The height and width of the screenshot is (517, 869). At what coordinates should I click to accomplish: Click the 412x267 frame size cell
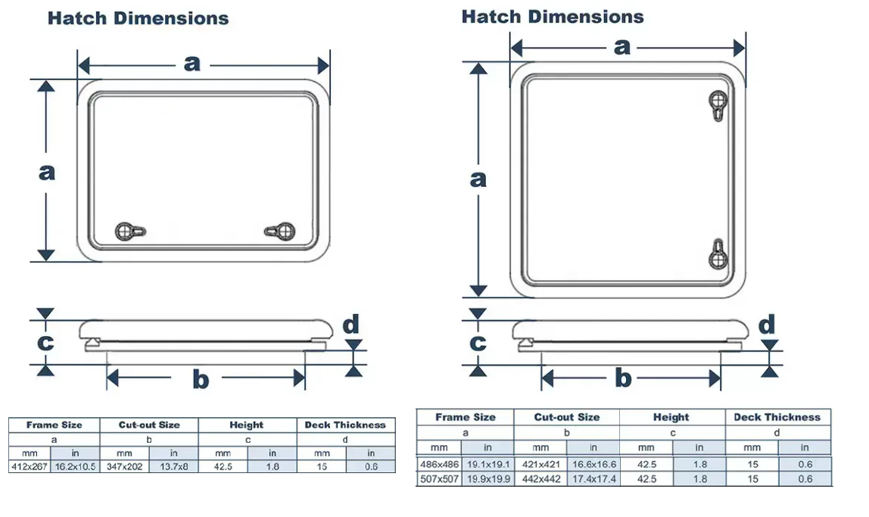click(x=30, y=466)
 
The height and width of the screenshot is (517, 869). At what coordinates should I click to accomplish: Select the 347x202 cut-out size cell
click(x=124, y=466)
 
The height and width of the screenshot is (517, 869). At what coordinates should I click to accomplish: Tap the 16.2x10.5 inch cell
click(x=75, y=466)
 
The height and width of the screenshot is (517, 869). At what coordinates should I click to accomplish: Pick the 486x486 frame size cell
click(x=439, y=464)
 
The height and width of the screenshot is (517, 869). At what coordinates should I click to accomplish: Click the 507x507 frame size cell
click(x=439, y=478)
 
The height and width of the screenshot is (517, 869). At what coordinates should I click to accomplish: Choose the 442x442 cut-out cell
click(x=540, y=478)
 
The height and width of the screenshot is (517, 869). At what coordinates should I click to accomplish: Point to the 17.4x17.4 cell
click(x=593, y=478)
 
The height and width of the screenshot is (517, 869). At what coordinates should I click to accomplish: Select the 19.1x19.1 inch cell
click(x=487, y=464)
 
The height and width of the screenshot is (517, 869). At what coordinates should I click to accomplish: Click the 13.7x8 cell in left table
click(x=173, y=466)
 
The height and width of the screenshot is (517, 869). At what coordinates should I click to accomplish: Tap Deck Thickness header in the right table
click(x=777, y=417)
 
